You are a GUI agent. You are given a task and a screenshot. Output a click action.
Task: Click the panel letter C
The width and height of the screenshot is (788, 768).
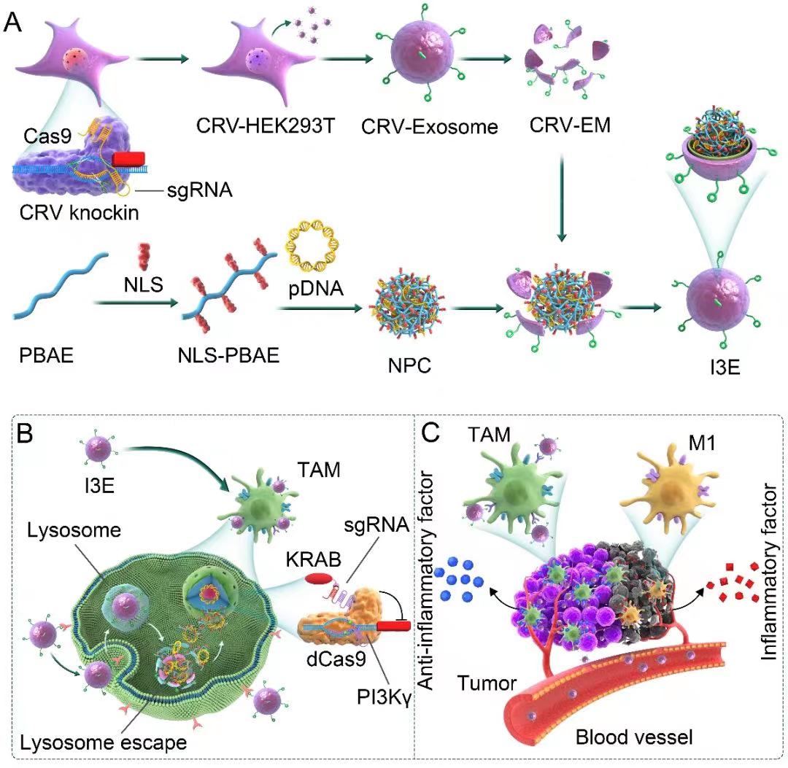(431, 434)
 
